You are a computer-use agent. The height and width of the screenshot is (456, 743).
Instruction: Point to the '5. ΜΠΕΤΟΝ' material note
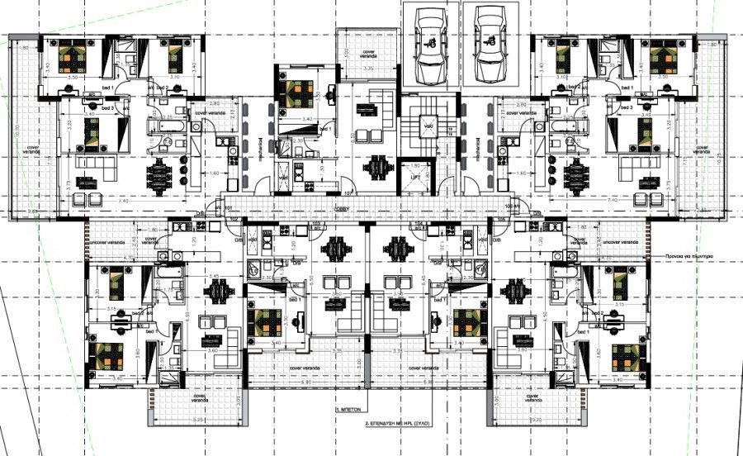(351, 409)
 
